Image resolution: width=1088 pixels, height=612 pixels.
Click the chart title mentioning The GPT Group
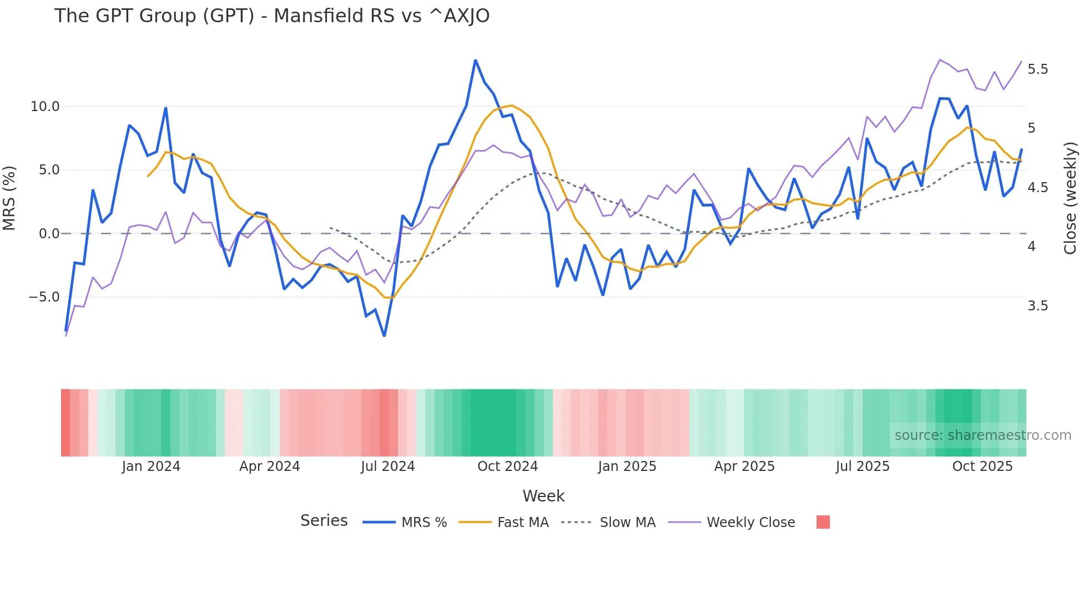272,16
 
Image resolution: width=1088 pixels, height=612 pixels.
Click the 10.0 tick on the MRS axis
45,107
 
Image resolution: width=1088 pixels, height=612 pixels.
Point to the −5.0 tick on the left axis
44,297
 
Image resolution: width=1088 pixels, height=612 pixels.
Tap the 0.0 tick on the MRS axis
49,234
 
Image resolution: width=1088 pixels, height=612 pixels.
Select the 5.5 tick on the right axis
1037,69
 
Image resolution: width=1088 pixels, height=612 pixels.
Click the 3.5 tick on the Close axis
1037,306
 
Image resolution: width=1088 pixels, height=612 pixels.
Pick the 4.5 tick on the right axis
1037,188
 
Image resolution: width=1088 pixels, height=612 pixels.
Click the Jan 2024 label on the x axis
151,466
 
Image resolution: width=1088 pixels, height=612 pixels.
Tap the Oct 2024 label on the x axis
507,466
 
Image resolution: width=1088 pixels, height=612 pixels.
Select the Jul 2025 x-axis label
862,466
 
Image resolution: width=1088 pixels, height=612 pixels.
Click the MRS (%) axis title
9,198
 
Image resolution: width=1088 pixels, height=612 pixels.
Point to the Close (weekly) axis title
1070,198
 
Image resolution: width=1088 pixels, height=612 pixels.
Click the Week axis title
543,496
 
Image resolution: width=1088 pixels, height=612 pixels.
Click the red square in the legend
823,522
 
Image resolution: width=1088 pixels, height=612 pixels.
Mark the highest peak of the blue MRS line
475,60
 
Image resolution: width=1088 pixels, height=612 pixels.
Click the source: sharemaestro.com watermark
983,435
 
